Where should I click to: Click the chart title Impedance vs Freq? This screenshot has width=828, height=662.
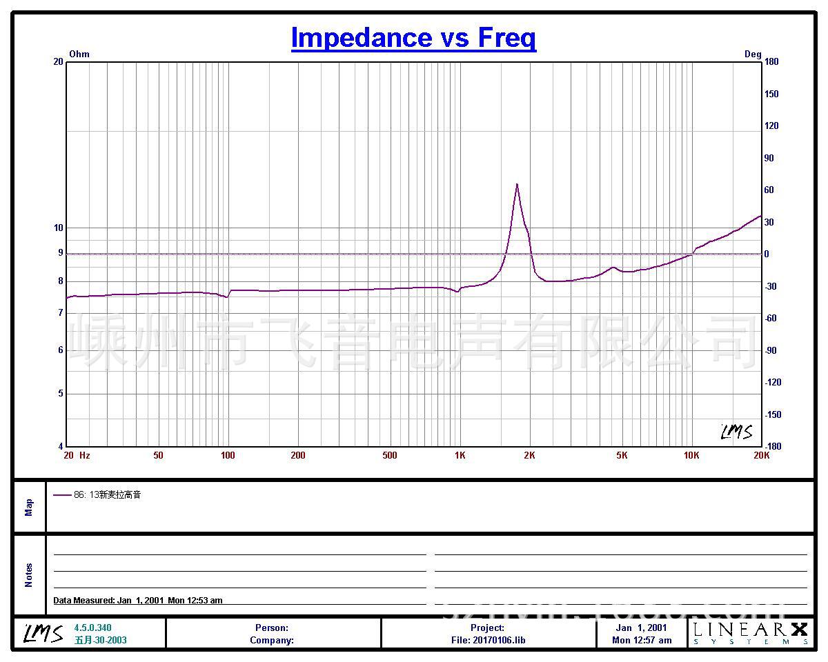(x=413, y=38)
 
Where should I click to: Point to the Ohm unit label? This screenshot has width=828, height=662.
(x=79, y=54)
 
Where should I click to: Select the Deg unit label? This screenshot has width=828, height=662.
(x=753, y=54)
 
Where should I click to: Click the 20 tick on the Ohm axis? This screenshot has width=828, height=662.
(x=59, y=62)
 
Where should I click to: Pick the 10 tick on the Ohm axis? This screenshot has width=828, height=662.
(x=59, y=228)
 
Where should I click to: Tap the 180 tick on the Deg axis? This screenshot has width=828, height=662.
(x=771, y=62)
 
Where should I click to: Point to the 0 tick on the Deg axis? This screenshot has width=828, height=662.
(x=767, y=254)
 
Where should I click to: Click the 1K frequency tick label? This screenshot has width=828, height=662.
(x=460, y=456)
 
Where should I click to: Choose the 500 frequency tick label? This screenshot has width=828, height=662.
(x=390, y=456)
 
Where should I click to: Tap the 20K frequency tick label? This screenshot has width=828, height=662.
(x=761, y=456)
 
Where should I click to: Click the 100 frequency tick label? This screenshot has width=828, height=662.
(x=228, y=456)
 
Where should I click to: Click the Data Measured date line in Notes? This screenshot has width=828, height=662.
(x=138, y=601)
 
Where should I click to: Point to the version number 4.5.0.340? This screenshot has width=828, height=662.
(x=92, y=628)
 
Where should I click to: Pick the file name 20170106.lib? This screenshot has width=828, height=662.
(x=488, y=641)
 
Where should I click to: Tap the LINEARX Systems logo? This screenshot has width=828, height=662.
(x=750, y=633)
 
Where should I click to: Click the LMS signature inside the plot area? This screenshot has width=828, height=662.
(x=736, y=432)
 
